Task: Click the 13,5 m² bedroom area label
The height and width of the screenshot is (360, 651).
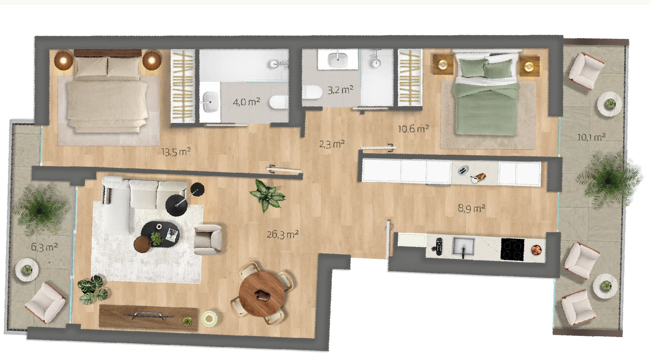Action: pyautogui.click(x=176, y=152)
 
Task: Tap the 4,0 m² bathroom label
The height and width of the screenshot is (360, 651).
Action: pyautogui.click(x=246, y=102)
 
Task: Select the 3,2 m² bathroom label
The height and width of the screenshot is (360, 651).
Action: pyautogui.click(x=340, y=90)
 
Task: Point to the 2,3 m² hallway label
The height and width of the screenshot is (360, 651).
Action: pyautogui.click(x=332, y=144)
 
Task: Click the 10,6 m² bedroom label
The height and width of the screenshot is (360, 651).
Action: pyautogui.click(x=413, y=129)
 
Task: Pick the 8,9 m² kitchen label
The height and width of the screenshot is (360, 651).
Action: pyautogui.click(x=471, y=208)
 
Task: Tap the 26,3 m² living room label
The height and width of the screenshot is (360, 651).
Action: pyautogui.click(x=283, y=234)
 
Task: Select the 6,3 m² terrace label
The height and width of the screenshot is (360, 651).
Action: pyautogui.click(x=45, y=247)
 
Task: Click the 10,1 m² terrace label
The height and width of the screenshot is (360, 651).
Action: pyautogui.click(x=591, y=137)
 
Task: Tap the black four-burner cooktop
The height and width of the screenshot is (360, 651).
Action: pyautogui.click(x=512, y=249)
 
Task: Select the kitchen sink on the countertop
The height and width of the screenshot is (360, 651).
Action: pyautogui.click(x=463, y=247)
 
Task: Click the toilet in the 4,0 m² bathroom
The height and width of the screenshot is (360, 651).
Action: pyautogui.click(x=278, y=102)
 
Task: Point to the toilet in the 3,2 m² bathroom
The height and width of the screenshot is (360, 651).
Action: pyautogui.click(x=312, y=92)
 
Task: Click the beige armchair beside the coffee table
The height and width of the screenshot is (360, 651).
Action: pyautogui.click(x=208, y=240)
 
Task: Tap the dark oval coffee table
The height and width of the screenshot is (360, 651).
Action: pyautogui.click(x=160, y=234)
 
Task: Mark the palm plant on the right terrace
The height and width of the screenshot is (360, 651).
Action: pyautogui.click(x=608, y=181)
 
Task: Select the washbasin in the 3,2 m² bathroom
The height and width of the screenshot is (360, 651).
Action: pyautogui.click(x=338, y=60)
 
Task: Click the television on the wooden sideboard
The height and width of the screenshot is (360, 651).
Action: pyautogui.click(x=148, y=315)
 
